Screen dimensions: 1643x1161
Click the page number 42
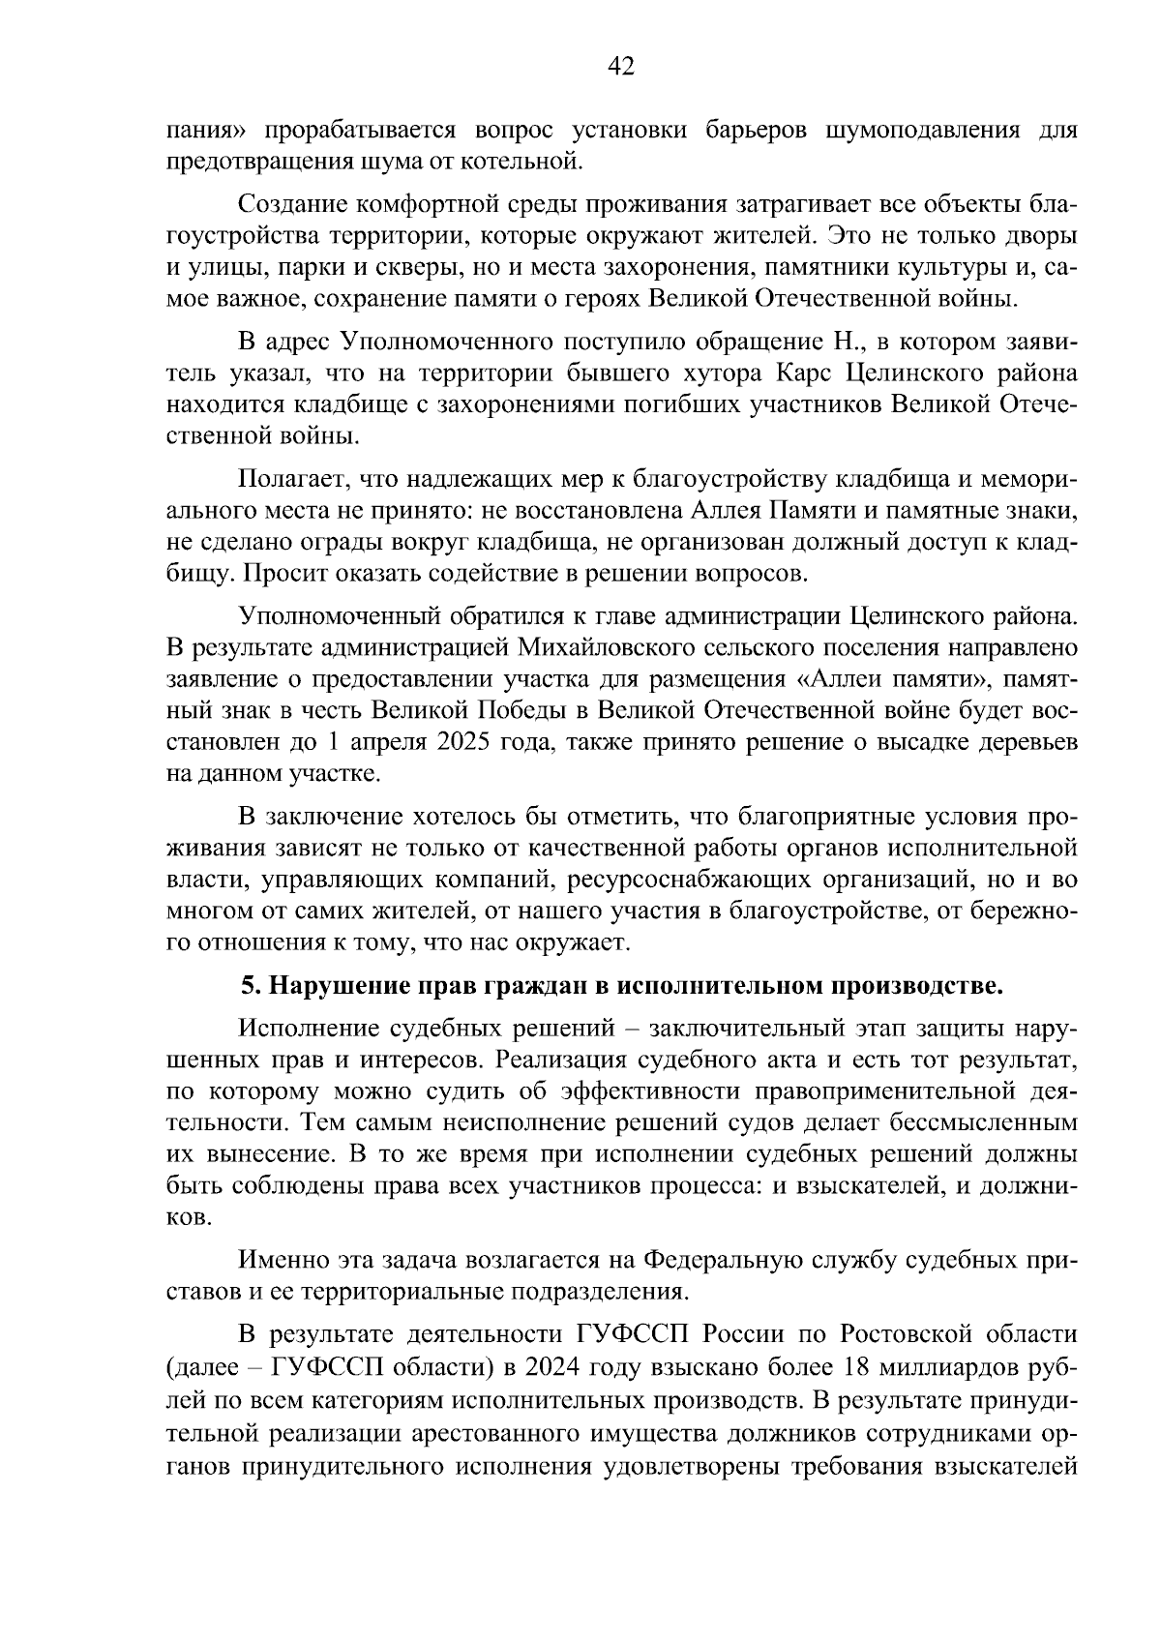click(x=621, y=66)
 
